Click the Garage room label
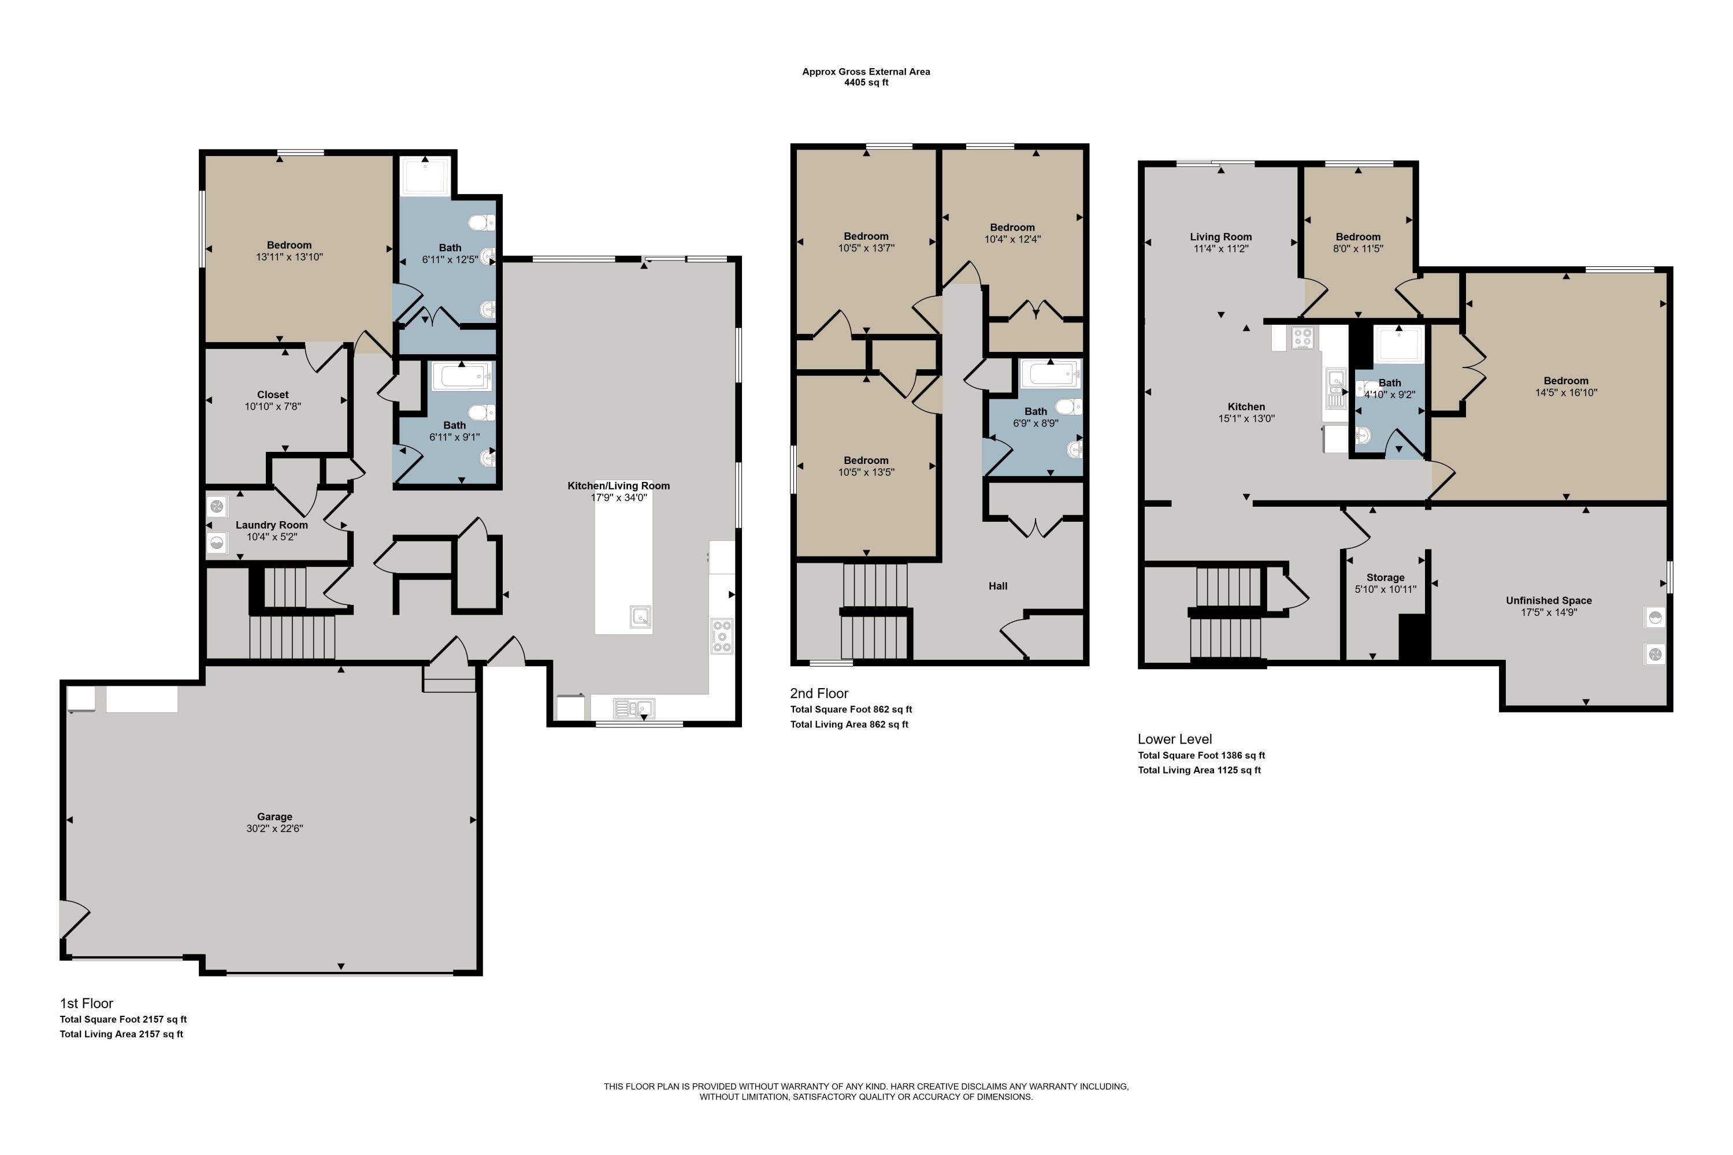(x=274, y=816)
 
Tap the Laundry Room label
(x=272, y=525)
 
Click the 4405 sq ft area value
(x=866, y=83)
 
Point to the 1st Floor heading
(x=86, y=1003)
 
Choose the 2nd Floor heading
(x=819, y=693)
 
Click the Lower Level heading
(x=1175, y=739)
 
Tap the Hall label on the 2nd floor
(x=998, y=586)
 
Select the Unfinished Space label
(x=1549, y=600)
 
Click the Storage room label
(x=1385, y=578)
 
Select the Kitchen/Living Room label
(x=619, y=486)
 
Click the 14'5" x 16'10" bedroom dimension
(x=1566, y=393)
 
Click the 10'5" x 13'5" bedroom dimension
(x=866, y=472)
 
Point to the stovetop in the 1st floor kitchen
(x=722, y=636)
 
